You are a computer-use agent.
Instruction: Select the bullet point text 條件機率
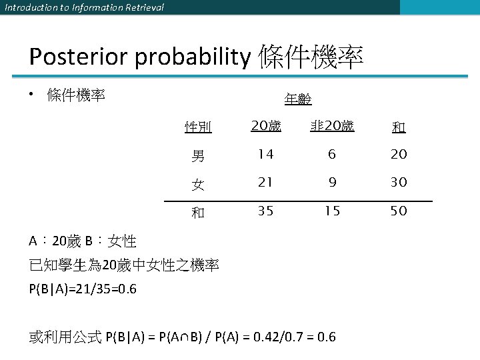pos(76,95)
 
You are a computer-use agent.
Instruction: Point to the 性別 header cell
pos(198,127)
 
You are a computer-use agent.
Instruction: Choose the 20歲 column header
pos(265,125)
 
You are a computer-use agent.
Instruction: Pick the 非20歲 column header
pos(332,125)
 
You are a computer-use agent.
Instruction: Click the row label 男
pos(198,156)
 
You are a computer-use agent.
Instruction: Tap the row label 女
pos(198,183)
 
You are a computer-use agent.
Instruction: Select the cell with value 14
pos(265,155)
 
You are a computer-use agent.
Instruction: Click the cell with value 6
pos(332,155)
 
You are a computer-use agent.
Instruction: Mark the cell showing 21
pos(265,183)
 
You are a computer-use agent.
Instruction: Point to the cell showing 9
pos(332,183)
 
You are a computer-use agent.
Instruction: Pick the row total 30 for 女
pos(399,183)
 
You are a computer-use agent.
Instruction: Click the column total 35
pos(265,211)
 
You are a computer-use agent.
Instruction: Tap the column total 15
pos(332,211)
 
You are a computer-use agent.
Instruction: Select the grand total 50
pos(399,211)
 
